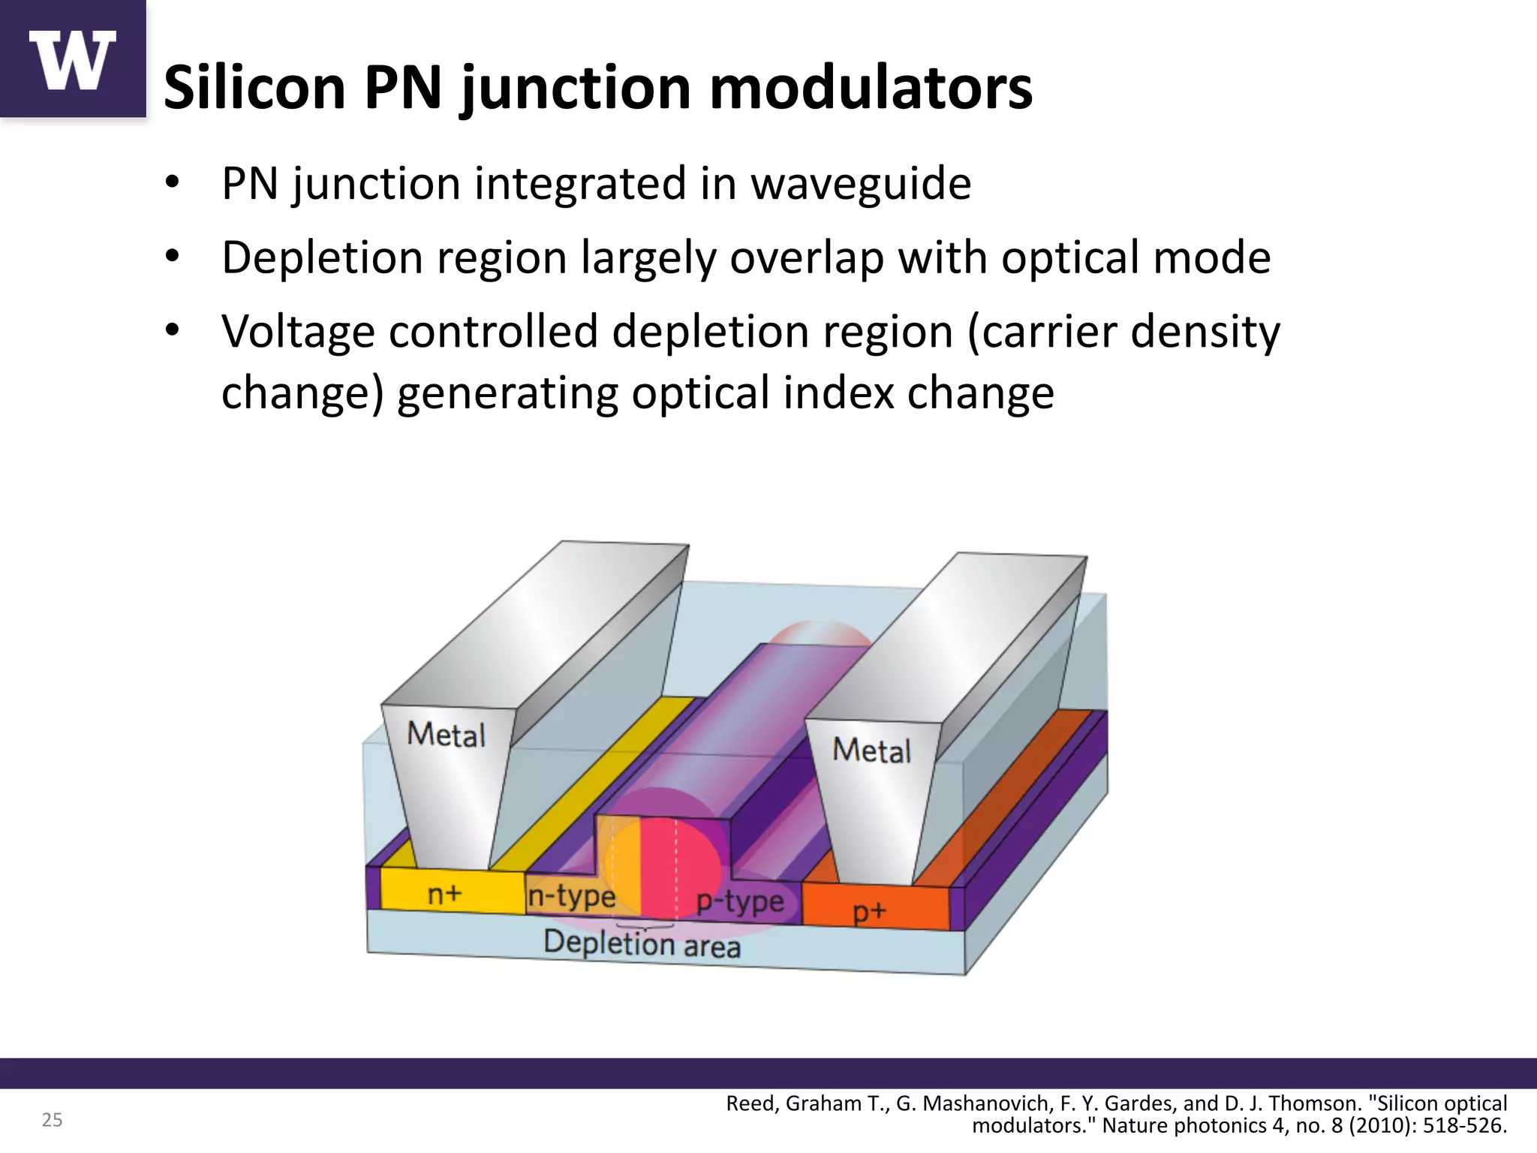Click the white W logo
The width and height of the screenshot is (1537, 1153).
click(x=72, y=60)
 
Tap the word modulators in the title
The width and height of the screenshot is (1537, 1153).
click(x=871, y=88)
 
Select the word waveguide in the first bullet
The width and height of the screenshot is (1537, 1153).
click(x=861, y=183)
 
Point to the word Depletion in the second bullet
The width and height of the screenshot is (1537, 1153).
click(x=319, y=257)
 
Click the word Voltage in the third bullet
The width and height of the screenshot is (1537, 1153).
click(x=297, y=332)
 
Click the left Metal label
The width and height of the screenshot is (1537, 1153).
click(x=446, y=734)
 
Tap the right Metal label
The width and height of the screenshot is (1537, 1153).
click(x=871, y=750)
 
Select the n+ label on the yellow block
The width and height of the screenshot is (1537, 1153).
click(x=445, y=894)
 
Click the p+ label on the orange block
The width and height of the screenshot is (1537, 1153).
click(x=870, y=911)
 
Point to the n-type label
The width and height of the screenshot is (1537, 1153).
click(x=571, y=896)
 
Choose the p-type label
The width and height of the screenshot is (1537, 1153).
click(x=739, y=901)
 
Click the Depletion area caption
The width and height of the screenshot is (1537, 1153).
click(x=642, y=944)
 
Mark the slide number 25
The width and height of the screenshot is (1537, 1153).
click(x=52, y=1120)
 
